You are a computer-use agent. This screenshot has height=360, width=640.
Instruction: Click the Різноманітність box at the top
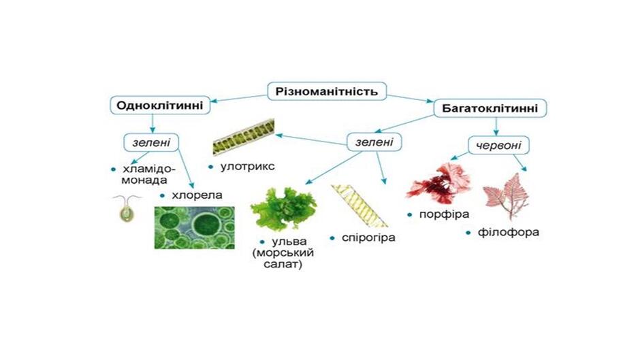[327, 91]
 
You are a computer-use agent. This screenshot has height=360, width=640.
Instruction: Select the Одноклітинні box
[159, 105]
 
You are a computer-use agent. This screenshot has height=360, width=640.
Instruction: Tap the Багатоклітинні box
[490, 108]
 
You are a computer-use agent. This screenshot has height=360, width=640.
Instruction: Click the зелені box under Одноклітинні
[151, 142]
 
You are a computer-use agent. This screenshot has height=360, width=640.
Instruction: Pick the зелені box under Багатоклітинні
[374, 142]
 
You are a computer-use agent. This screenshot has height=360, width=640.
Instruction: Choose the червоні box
[498, 146]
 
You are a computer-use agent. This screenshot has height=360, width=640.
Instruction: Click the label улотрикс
[247, 167]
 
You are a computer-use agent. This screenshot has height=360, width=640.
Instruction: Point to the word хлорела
[197, 195]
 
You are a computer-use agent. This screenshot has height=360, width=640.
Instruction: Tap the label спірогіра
[368, 238]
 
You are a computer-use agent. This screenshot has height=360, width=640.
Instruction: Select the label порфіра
[445, 214]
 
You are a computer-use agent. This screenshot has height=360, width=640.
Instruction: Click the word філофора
[509, 232]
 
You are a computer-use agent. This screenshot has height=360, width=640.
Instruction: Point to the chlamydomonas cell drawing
[127, 208]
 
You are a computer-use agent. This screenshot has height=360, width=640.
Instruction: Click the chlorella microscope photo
[194, 228]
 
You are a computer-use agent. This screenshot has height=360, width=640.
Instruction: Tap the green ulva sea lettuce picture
[283, 208]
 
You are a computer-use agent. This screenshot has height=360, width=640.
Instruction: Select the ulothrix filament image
[244, 137]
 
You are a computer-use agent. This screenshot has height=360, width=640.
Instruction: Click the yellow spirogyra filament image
[359, 206]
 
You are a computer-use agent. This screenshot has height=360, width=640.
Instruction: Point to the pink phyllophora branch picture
[506, 197]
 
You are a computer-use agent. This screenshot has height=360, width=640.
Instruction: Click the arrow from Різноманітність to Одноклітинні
[239, 99]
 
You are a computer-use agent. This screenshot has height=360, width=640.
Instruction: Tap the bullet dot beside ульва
[262, 242]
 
